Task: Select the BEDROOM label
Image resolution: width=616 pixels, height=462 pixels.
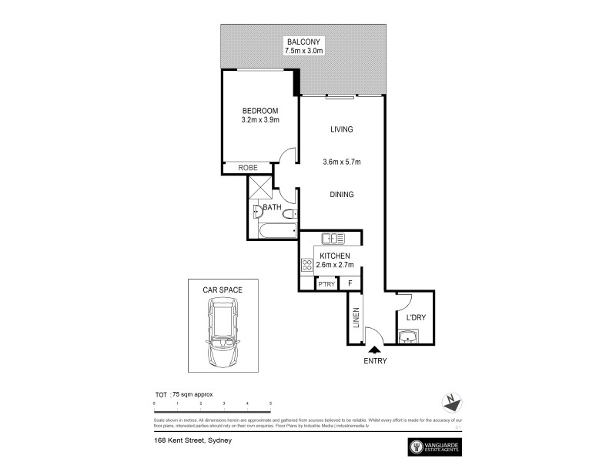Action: pos(260,111)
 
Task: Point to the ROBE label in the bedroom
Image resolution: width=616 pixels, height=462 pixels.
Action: pos(246,167)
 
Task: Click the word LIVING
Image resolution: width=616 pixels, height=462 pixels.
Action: pos(341,129)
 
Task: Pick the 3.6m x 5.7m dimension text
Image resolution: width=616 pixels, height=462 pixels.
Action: pos(341,162)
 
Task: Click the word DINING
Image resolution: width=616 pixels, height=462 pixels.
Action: pos(341,195)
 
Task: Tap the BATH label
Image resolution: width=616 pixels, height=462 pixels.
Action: pos(272,208)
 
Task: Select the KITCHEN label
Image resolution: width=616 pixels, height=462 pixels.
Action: pos(335,256)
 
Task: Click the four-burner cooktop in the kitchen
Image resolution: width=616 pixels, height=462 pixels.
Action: pos(306,266)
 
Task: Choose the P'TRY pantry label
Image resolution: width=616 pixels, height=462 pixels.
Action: pos(326,284)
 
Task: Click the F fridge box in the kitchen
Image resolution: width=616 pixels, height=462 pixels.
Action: pos(350,284)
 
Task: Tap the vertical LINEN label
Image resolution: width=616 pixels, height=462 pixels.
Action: pos(357,318)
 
